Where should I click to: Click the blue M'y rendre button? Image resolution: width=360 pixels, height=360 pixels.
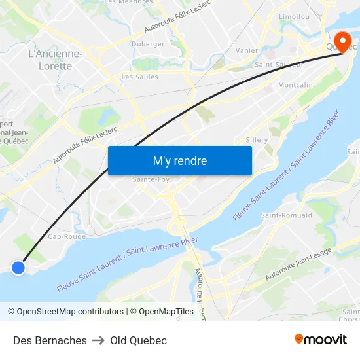180,160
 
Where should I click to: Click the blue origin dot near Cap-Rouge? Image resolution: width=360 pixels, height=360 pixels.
18,267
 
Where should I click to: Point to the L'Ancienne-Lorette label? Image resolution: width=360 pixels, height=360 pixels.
56,60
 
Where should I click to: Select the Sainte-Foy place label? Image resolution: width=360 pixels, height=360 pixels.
151,179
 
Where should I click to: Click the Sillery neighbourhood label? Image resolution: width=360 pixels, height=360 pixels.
257,140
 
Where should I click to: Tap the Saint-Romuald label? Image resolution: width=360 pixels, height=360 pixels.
287,215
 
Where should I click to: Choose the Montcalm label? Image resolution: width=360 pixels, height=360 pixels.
295,85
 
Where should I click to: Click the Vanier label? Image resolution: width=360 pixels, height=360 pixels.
247,50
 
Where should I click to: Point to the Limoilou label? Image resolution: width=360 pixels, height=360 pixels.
294,16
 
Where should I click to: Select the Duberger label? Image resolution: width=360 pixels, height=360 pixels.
149,44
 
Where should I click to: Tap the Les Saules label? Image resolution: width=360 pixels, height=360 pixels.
140,77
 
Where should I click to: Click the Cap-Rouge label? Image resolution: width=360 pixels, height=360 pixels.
67,236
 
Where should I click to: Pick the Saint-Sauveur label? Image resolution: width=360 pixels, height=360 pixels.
279,65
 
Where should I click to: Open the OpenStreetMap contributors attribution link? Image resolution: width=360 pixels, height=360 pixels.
69,312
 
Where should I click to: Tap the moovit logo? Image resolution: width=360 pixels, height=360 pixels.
321,339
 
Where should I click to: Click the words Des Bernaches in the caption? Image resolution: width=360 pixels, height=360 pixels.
50,340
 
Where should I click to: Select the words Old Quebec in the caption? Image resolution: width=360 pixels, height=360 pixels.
138,340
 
